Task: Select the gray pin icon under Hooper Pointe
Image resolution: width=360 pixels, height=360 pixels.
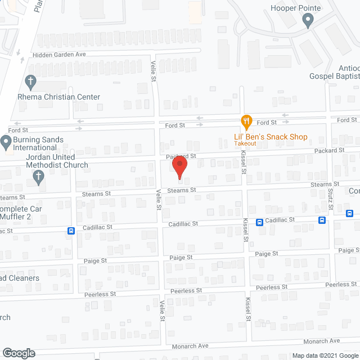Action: (x=307, y=21)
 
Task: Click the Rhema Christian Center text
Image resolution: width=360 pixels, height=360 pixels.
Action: (x=66, y=97)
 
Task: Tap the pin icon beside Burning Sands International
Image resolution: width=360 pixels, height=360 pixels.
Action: (x=6, y=141)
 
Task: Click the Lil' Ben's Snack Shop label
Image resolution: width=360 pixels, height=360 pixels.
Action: (x=271, y=137)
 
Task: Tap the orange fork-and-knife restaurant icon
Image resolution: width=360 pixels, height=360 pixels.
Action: (x=246, y=121)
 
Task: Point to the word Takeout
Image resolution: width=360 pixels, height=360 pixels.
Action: (x=245, y=144)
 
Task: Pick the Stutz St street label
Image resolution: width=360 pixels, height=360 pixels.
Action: (x=330, y=199)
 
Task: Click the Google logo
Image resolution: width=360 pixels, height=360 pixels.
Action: (x=19, y=353)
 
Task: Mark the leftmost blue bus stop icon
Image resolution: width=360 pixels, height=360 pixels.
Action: (x=71, y=231)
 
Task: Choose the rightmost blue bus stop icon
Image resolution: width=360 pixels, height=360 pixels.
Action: (x=350, y=213)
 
